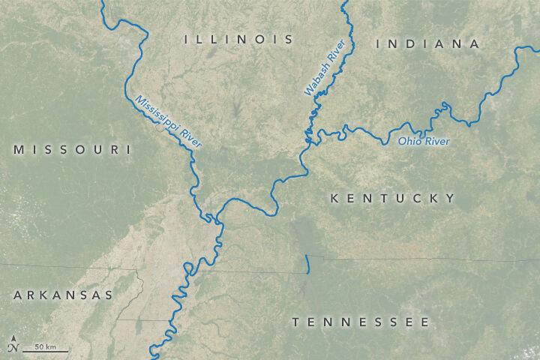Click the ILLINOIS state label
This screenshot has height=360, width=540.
tap(239, 38)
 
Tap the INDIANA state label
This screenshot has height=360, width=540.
tap(427, 44)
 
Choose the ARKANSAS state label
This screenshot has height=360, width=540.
tap(62, 295)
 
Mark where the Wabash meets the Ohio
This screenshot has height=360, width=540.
tap(307, 140)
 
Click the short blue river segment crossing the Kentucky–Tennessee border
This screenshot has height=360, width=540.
tap(307, 264)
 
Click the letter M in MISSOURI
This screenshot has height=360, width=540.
tap(18, 150)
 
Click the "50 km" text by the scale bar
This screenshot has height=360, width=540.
tap(45, 346)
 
